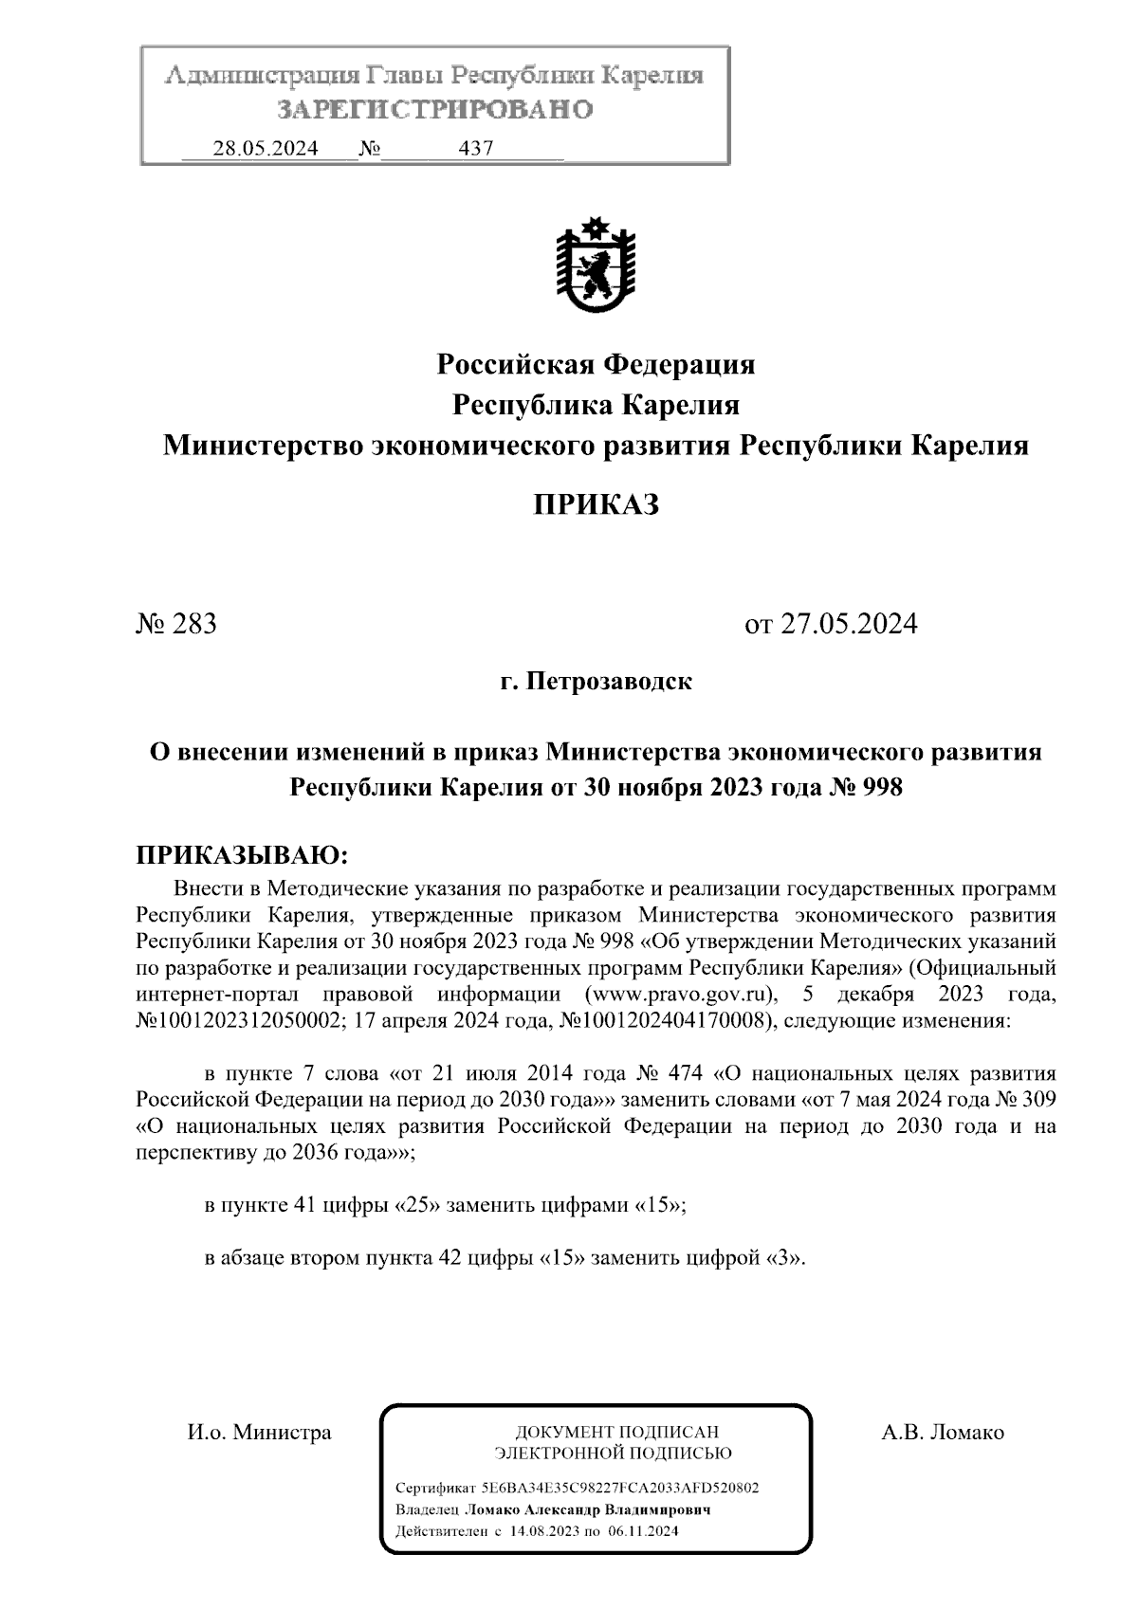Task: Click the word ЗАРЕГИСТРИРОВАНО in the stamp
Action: coord(435,110)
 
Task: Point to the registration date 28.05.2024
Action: coord(265,149)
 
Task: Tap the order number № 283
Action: coord(177,624)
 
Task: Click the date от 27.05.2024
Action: coord(831,624)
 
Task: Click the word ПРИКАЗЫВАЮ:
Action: coord(244,856)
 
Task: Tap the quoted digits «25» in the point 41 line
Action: coord(416,1206)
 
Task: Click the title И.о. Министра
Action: coord(258,1433)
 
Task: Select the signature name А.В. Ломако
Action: coord(942,1433)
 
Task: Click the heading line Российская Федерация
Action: coord(595,363)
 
